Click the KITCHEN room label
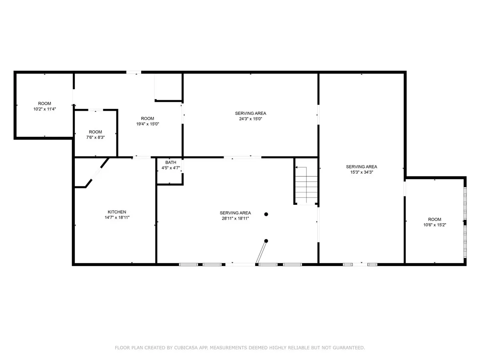coord(117,212)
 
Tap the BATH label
coord(170,162)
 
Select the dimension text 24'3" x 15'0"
coord(251,119)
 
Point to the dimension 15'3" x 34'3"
coord(362,172)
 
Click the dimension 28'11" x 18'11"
coord(235,218)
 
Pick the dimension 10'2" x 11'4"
coord(45,109)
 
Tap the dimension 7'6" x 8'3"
coord(95,138)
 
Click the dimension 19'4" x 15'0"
coord(147,124)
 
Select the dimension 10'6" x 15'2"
coord(434,225)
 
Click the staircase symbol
coord(306,185)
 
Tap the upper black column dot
coord(266,214)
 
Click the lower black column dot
coord(266,241)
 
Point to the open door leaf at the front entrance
coord(261,252)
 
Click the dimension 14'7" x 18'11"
coord(117,218)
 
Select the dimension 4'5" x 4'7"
coord(170,168)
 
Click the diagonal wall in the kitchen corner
coord(97,173)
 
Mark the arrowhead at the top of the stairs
coord(296,168)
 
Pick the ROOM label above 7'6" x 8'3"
coord(95,132)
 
